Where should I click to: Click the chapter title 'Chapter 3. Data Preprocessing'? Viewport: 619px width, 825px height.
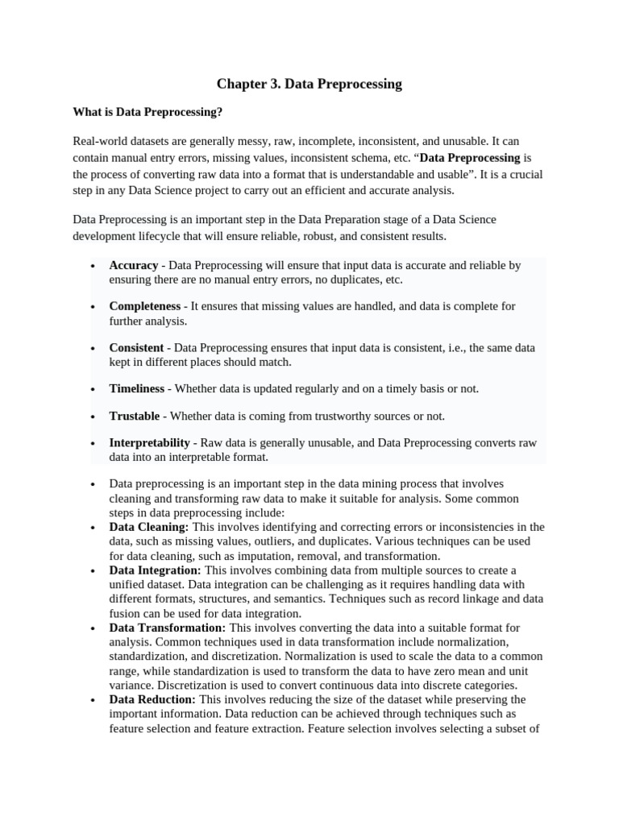[x=309, y=84]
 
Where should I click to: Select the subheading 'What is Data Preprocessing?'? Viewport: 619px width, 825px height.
[x=147, y=112]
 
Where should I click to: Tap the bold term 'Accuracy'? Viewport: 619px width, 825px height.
[x=134, y=265]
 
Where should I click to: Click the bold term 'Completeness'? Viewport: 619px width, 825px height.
[x=145, y=306]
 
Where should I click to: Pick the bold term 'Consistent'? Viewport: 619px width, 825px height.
[x=137, y=348]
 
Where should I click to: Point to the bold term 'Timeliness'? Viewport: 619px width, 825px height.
[x=137, y=388]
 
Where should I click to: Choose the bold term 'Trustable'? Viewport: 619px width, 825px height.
[x=135, y=416]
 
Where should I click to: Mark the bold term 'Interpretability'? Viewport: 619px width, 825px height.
[x=149, y=443]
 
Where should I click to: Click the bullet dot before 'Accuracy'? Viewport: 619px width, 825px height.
[x=94, y=266]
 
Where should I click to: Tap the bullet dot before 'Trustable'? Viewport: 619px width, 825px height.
[x=94, y=417]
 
